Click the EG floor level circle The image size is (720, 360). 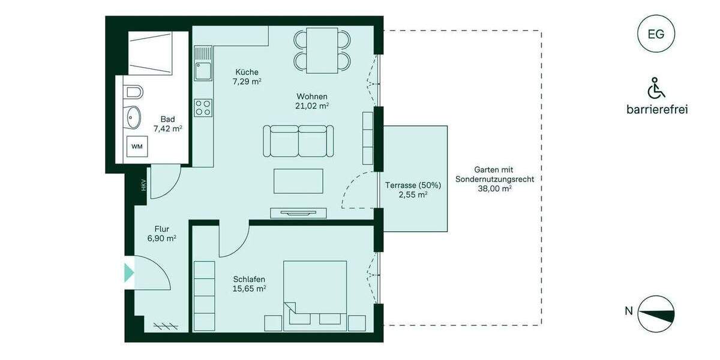[656, 34]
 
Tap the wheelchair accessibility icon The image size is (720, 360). [656, 89]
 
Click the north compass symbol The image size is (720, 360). [655, 314]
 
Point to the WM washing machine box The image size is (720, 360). [137, 146]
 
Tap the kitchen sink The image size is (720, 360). [203, 71]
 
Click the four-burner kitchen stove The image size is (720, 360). [203, 107]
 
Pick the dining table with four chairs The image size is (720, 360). [322, 50]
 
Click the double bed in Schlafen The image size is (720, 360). [315, 294]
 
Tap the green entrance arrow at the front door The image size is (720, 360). [128, 272]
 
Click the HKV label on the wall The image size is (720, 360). [143, 185]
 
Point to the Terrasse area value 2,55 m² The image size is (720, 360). [414, 195]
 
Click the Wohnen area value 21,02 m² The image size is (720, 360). [312, 106]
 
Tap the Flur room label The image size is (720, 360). [161, 229]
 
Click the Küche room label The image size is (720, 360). [246, 72]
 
